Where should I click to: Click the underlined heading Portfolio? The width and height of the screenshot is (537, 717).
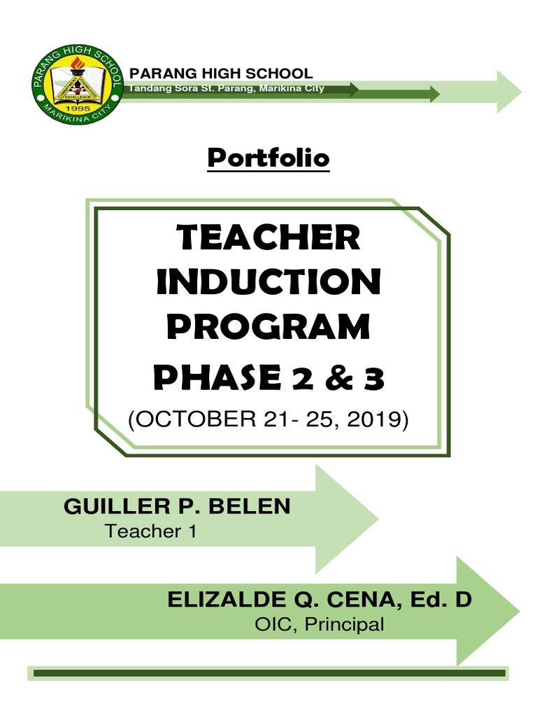[x=268, y=158]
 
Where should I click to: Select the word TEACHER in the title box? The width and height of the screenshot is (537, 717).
[x=268, y=239]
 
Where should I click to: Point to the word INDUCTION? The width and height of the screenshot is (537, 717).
[x=268, y=282]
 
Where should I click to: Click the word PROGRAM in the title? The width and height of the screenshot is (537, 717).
[x=268, y=328]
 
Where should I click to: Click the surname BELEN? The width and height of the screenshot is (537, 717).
[x=255, y=507]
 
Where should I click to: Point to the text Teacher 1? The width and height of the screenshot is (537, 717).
[x=151, y=531]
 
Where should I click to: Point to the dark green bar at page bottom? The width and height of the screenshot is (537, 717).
[x=268, y=673]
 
